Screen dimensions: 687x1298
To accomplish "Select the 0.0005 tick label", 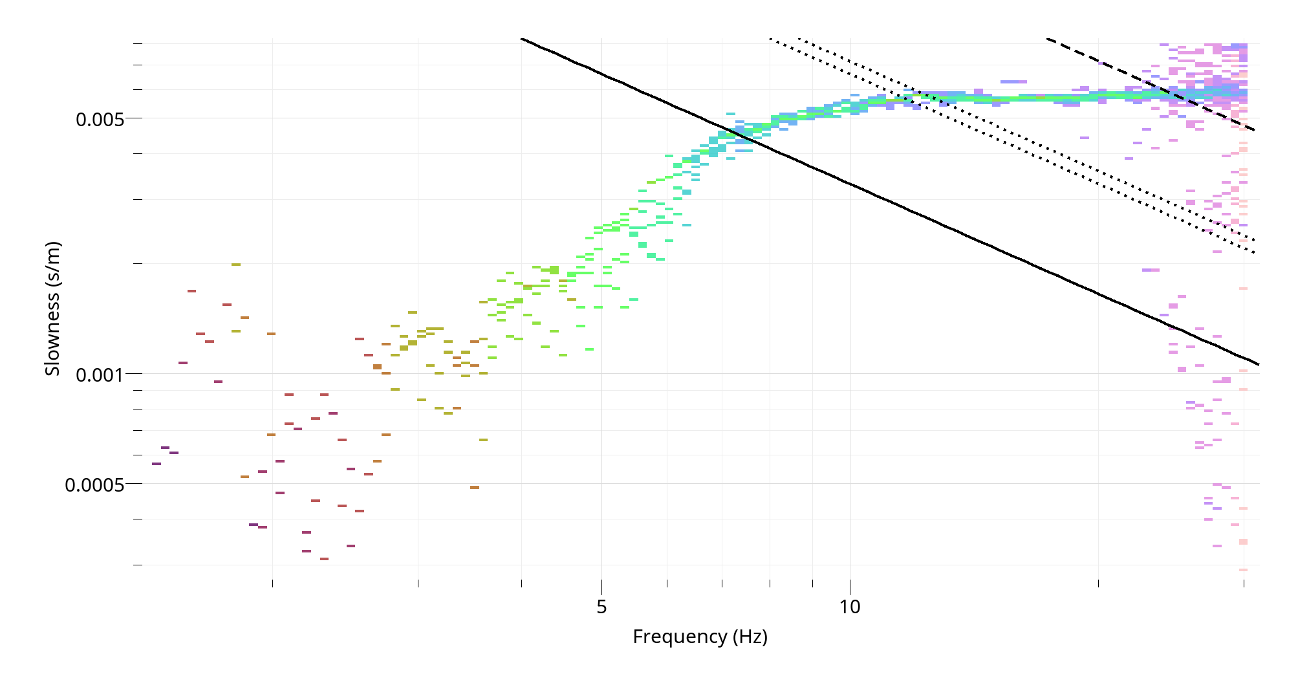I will tap(94, 485).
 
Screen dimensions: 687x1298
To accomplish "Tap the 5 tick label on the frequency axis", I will tap(601, 607).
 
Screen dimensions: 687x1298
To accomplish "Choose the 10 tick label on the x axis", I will tap(850, 607).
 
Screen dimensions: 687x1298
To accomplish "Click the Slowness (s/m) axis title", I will tap(52, 308).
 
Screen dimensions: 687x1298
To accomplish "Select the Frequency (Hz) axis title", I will tap(700, 637).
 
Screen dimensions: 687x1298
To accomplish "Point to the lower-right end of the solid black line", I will tap(1259, 364).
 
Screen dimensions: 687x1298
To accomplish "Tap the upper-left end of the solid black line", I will tap(521, 39).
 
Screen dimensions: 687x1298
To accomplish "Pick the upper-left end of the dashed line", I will tap(1047, 39).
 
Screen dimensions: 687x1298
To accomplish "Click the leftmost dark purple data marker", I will tap(156, 464).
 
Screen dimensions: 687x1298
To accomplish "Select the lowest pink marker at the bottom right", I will tap(1243, 570).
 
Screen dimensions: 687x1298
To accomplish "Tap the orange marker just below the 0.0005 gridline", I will tap(475, 487).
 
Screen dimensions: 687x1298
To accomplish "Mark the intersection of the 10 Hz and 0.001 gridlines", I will tap(850, 373).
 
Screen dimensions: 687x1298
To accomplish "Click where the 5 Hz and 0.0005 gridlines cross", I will tap(601, 483).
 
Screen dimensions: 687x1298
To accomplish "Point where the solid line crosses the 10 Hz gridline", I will tap(850, 185).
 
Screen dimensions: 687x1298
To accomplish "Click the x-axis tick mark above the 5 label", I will tap(601, 583).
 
